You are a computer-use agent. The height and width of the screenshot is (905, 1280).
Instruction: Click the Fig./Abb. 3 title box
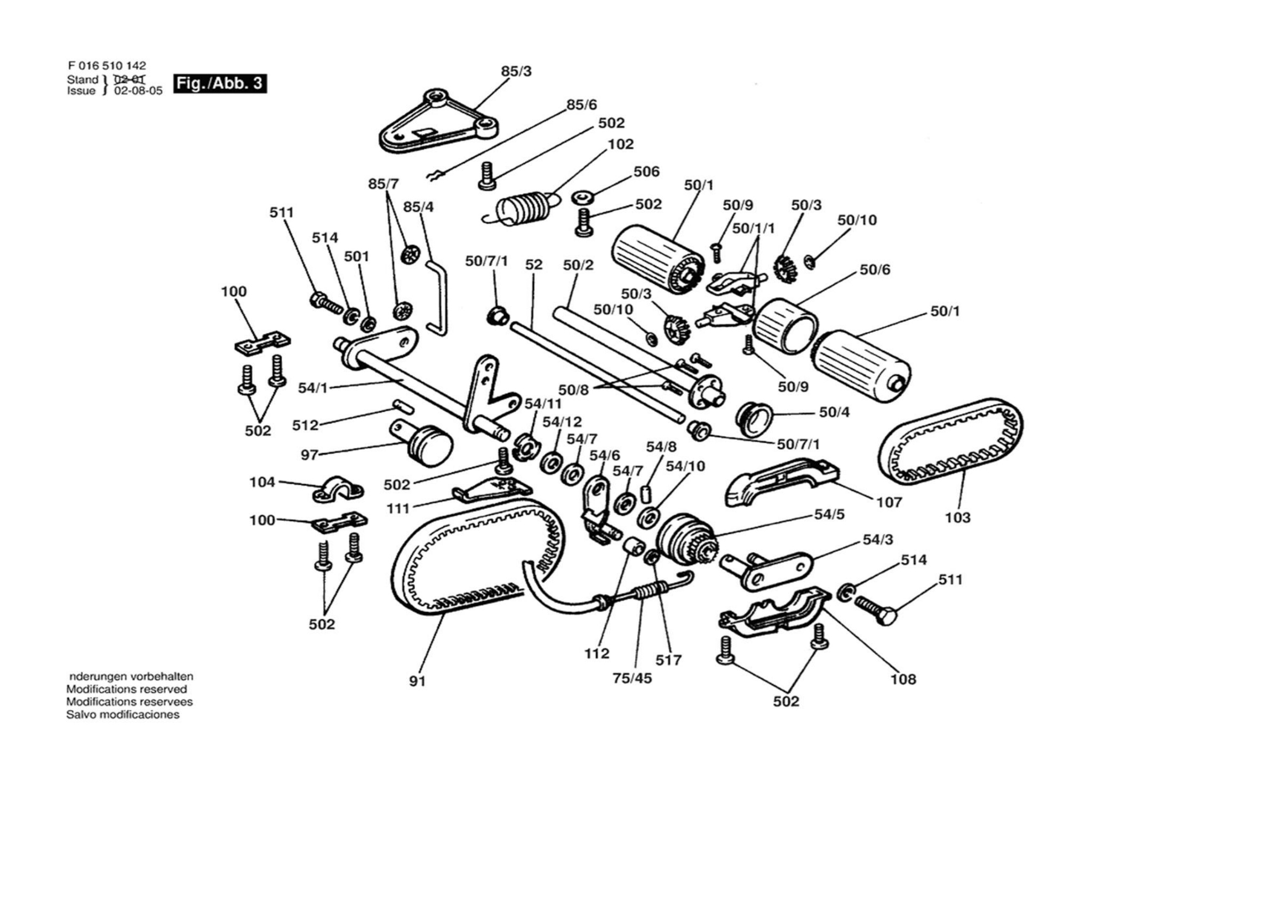220,84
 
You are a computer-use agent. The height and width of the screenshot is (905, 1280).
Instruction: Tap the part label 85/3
516,71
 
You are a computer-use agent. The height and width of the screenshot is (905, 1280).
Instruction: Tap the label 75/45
631,678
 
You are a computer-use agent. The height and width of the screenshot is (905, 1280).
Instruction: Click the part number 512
305,426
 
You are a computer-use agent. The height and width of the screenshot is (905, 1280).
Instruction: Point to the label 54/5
829,514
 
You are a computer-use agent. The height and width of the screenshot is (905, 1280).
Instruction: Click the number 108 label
903,679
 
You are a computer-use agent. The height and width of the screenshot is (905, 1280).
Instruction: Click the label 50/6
875,270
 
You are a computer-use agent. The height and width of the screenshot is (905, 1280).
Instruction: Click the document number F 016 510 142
107,66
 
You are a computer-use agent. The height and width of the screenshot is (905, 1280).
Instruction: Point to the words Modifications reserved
126,689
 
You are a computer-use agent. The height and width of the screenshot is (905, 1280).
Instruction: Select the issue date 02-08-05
138,91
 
